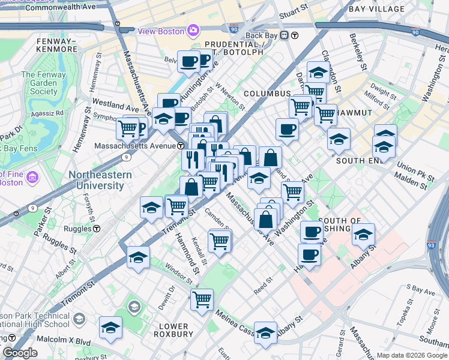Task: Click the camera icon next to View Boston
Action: (193, 30)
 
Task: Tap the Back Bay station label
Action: (262, 35)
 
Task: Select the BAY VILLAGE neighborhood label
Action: (377, 9)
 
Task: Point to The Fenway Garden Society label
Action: (40, 83)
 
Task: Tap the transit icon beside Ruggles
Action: (96, 229)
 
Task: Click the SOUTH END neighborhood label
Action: (359, 161)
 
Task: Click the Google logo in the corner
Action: (20, 353)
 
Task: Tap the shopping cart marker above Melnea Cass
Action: (202, 299)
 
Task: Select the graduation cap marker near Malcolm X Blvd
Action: (111, 328)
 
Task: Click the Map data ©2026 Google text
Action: (411, 355)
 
